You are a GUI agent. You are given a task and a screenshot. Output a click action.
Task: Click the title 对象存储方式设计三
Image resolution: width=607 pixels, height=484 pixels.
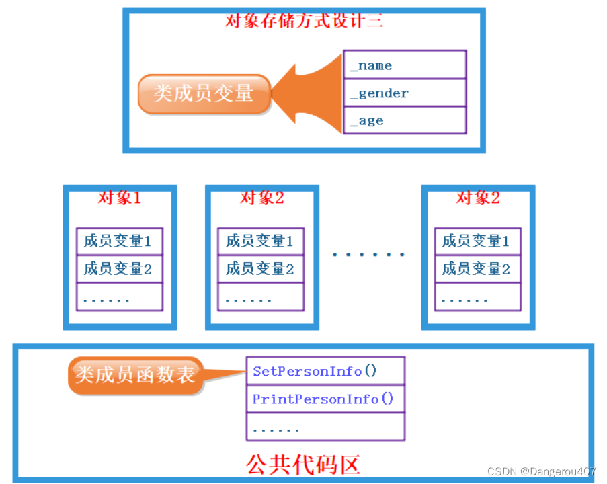point(304,20)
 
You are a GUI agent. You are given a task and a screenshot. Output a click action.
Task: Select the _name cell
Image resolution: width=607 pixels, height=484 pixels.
point(405,65)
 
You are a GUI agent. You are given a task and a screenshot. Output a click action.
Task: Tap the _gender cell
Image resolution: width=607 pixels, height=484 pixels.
point(405,93)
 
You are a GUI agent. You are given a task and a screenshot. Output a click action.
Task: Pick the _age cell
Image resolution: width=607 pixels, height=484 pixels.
point(405,120)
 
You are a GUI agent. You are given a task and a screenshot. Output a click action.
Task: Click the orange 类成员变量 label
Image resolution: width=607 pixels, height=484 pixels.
point(204,93)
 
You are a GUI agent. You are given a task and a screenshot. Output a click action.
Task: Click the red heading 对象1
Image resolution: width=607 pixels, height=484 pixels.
point(120,198)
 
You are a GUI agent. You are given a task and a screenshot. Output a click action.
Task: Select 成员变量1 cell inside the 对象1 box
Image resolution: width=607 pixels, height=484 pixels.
point(120,241)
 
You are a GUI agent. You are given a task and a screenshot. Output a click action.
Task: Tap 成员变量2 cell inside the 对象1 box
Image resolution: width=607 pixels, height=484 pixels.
point(120,269)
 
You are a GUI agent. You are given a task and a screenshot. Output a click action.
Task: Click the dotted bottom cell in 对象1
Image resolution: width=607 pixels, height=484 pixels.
point(120,297)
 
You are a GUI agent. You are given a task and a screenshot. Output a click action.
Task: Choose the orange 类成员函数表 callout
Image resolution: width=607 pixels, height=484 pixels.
point(135,375)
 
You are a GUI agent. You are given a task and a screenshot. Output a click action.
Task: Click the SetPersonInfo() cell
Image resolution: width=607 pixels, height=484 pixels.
point(325,370)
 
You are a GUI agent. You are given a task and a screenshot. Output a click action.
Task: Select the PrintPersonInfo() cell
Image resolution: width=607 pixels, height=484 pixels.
point(325,399)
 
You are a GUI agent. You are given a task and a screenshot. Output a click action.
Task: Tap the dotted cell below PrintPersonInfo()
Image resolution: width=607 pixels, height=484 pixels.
point(325,427)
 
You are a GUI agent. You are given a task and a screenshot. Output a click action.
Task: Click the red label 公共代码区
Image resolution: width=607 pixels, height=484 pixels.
point(303,464)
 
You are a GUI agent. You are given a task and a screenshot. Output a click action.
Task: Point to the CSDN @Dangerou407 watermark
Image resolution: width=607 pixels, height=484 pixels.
point(541,471)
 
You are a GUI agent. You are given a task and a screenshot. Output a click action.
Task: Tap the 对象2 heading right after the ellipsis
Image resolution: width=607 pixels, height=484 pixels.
point(478,198)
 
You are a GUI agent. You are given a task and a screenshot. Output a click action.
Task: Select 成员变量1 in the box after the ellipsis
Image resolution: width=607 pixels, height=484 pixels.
point(477,241)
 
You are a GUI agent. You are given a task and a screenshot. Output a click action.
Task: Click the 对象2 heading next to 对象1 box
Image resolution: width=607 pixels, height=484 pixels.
point(261,198)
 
